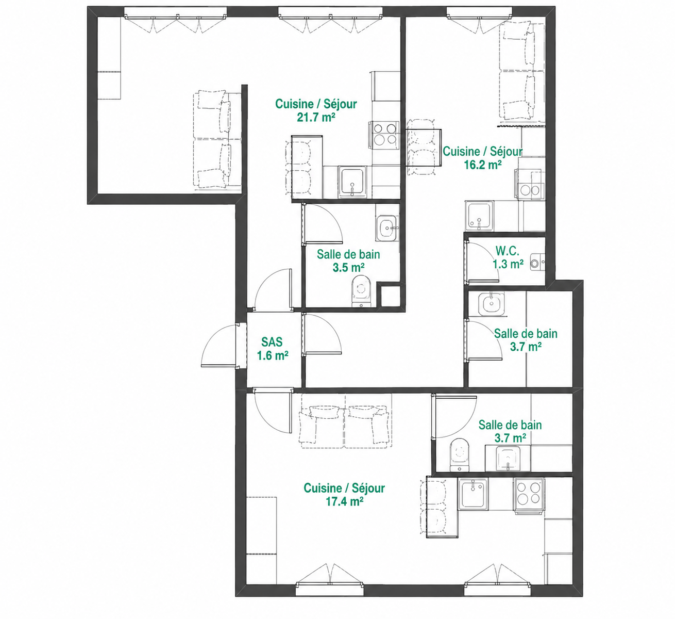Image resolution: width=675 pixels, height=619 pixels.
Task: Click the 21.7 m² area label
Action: pos(316,117)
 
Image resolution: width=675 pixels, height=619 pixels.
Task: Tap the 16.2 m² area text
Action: pos(483,165)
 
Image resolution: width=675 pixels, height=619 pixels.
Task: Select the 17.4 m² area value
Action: pos(344,502)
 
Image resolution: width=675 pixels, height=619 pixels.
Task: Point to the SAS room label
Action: pos(272,342)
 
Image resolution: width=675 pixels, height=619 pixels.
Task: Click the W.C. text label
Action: pos(507,251)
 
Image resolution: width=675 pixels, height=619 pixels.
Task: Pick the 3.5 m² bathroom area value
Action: pos(348,268)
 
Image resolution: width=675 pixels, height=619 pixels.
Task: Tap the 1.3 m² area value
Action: pos(508,264)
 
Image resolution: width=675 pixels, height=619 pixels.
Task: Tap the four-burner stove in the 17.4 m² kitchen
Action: pos(529,495)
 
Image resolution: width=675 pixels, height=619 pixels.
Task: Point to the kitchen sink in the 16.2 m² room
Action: pos(479,215)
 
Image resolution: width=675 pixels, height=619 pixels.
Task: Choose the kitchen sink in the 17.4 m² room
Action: pos(473,493)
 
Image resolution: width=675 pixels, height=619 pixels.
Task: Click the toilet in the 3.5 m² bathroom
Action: pos(361,290)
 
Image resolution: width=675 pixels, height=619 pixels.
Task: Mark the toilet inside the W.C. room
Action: pos(537,263)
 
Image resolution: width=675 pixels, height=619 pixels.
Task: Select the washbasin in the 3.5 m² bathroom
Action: pos(387,227)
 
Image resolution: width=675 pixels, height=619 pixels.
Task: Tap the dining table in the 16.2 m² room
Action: pos(424,148)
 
